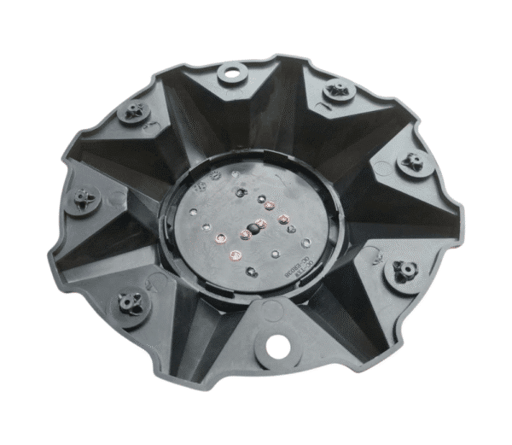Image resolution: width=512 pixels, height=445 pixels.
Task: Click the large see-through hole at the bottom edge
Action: point(277,346)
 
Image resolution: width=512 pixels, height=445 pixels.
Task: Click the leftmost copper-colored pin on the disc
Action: point(220,237)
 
